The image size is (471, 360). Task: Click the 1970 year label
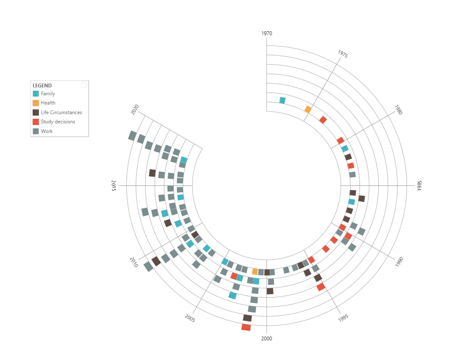pyautogui.click(x=267, y=33)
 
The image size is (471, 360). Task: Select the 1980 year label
pyautogui.click(x=398, y=110)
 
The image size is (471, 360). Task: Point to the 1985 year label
pyautogui.click(x=419, y=186)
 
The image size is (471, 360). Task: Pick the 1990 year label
pyautogui.click(x=399, y=262)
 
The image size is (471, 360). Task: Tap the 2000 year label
pyautogui.click(x=267, y=338)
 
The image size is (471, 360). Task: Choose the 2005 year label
pyautogui.click(x=190, y=318)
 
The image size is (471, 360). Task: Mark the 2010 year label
pyautogui.click(x=134, y=262)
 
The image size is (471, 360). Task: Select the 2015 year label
pyautogui.click(x=114, y=186)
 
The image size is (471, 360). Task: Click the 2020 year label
pyautogui.click(x=135, y=110)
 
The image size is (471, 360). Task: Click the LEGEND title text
pyautogui.click(x=42, y=86)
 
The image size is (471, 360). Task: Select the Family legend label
pyautogui.click(x=48, y=94)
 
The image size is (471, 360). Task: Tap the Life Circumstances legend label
pyautogui.click(x=61, y=112)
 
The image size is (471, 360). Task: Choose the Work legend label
pyautogui.click(x=47, y=131)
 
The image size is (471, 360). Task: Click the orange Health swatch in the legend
pyautogui.click(x=36, y=103)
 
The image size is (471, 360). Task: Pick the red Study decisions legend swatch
pyautogui.click(x=36, y=122)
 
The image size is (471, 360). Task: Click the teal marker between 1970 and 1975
pyautogui.click(x=282, y=100)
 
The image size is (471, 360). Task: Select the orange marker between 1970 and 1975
pyautogui.click(x=308, y=110)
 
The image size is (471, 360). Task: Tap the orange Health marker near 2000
pyautogui.click(x=255, y=272)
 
